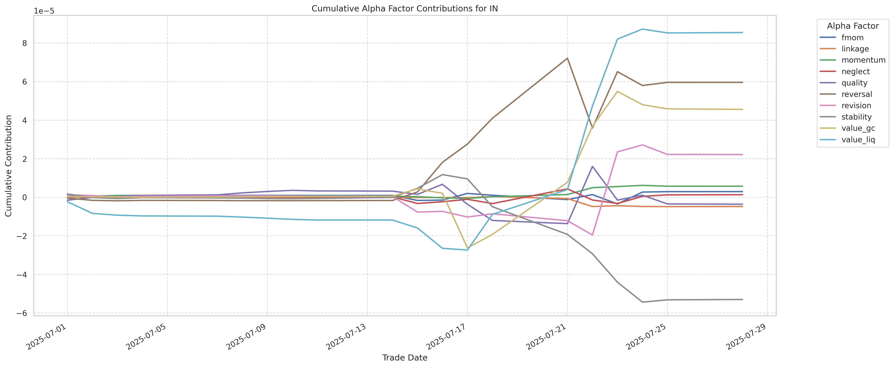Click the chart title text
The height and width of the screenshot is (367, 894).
405,9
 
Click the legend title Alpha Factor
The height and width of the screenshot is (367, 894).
853,26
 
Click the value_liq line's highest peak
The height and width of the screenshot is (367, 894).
642,29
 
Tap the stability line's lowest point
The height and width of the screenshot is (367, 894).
642,302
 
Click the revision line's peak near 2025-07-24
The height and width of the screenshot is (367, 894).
642,145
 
